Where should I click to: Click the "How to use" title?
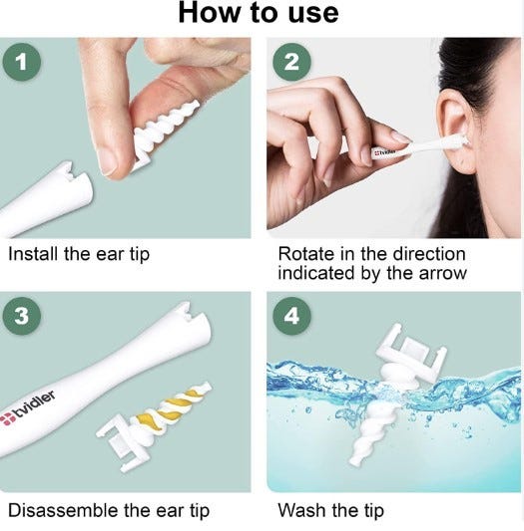[x=259, y=13]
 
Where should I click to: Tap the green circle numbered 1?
[x=22, y=62]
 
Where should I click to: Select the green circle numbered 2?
[x=291, y=62]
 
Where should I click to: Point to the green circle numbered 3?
[x=22, y=316]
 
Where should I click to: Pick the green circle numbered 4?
[x=291, y=316]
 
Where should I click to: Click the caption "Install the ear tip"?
[x=79, y=255]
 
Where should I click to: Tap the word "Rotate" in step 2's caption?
[x=306, y=254]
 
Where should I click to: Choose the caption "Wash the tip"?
[x=331, y=510]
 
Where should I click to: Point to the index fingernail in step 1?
[x=107, y=162]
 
